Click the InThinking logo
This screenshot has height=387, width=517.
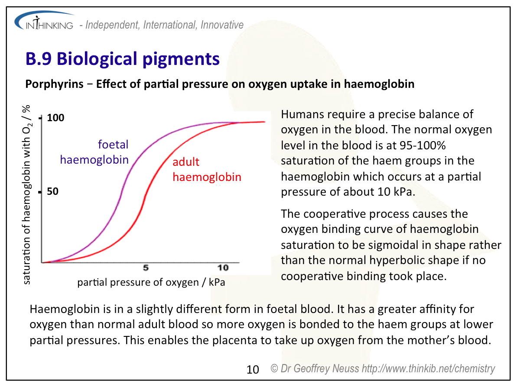(x=44, y=21)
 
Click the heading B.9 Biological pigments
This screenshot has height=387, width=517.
(x=122, y=59)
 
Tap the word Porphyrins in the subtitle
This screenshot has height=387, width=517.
(x=55, y=84)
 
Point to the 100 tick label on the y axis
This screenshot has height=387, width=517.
(x=55, y=118)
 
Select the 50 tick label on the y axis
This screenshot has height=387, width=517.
(x=53, y=191)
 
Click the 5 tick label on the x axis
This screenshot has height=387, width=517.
(x=146, y=268)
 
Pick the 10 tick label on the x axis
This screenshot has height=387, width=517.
(x=223, y=268)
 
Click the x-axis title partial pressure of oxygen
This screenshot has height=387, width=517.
(x=151, y=282)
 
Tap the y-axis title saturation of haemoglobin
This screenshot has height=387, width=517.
(x=26, y=194)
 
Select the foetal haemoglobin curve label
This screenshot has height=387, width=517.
(x=94, y=152)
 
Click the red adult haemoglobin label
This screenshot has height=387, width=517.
(x=207, y=169)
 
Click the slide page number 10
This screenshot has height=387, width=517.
(x=253, y=370)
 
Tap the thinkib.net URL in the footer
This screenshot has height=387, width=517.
(x=428, y=368)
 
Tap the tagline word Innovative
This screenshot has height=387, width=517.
(x=222, y=25)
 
